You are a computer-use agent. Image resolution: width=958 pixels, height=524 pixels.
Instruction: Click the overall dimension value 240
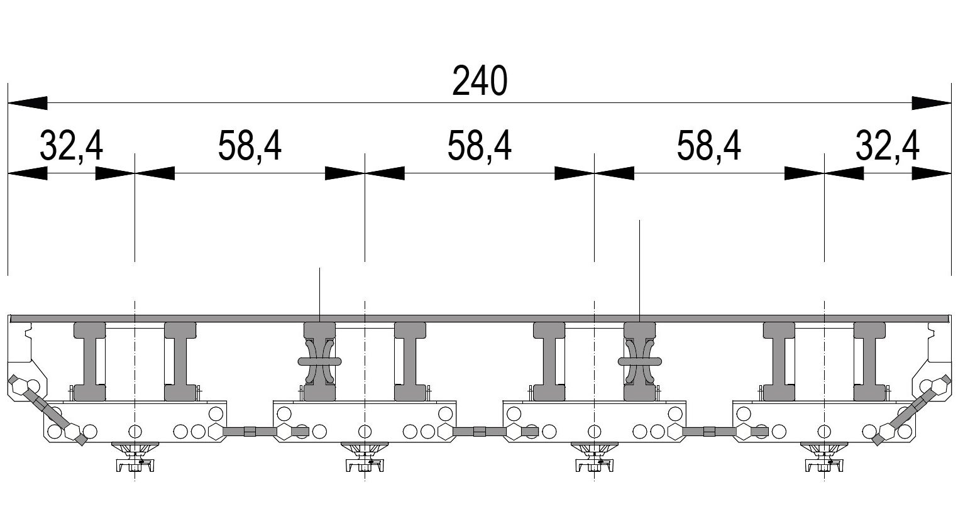pyautogui.click(x=480, y=81)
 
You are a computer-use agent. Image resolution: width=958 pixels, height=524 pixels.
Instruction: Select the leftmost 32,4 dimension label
pyautogui.click(x=72, y=146)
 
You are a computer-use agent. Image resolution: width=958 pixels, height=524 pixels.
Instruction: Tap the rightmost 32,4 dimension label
pyautogui.click(x=888, y=146)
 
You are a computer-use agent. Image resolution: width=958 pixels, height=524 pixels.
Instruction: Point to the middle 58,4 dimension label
pyautogui.click(x=480, y=146)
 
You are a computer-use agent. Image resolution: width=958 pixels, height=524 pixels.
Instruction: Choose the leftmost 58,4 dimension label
pyautogui.click(x=250, y=146)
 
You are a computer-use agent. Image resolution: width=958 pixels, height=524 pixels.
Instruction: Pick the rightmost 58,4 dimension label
pyautogui.click(x=709, y=146)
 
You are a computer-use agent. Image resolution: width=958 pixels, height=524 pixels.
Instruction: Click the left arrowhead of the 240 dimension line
pyautogui.click(x=28, y=103)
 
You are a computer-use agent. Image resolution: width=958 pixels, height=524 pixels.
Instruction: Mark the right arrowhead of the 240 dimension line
pyautogui.click(x=931, y=103)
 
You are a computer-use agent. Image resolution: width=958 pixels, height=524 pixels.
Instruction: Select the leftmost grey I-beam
pyautogui.click(x=90, y=362)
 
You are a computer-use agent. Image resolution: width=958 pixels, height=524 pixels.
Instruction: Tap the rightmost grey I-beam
pyautogui.click(x=869, y=362)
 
